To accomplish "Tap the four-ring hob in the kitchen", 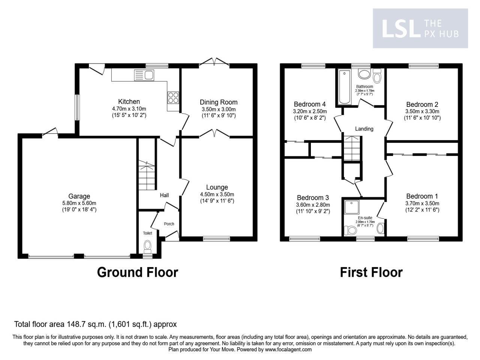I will [173, 97].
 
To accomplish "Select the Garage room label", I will [79, 196].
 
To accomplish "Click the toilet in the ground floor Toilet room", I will [147, 247].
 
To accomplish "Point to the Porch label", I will [169, 224].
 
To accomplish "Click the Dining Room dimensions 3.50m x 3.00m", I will [219, 109].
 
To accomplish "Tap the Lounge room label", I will [217, 187].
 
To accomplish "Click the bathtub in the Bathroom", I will [344, 87].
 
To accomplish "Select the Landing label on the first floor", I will [364, 129].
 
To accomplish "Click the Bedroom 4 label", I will [310, 104].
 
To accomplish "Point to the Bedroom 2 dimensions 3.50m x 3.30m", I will [422, 111].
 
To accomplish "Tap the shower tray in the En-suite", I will [352, 206].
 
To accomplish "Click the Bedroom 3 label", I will [313, 198].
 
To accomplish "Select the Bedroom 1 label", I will [422, 196].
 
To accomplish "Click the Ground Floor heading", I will [137, 272].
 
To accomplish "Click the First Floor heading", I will [371, 272].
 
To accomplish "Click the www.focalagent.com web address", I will [288, 349].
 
